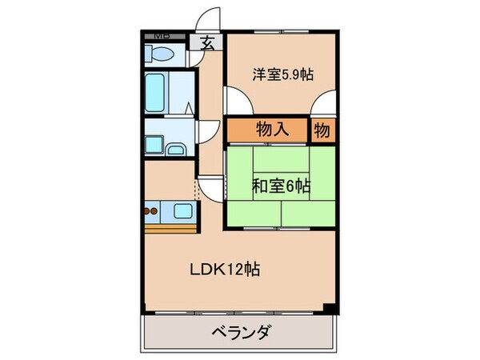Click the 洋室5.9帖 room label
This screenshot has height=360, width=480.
point(282,74)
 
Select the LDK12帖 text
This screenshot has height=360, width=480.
point(223,270)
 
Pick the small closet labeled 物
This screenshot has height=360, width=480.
point(322,130)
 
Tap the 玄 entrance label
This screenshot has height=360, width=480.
point(207,45)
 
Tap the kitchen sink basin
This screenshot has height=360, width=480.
point(183,212)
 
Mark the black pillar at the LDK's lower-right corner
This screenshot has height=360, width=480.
point(330,308)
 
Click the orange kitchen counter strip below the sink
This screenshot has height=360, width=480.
point(170,228)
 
